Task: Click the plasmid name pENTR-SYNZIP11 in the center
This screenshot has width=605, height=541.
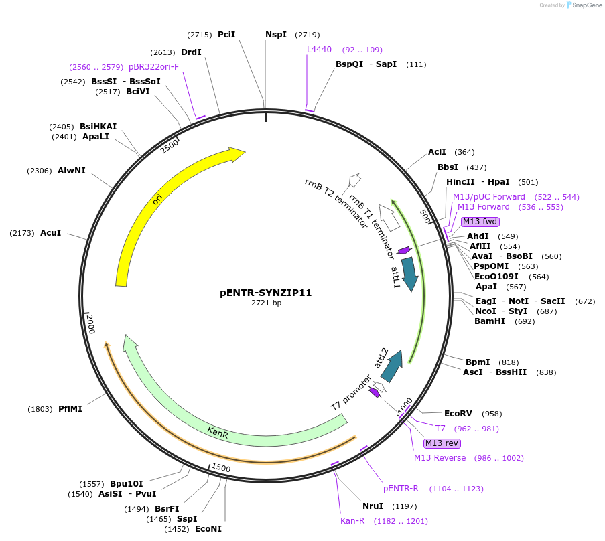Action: click(x=266, y=293)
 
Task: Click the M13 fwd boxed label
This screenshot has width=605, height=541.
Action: click(x=480, y=222)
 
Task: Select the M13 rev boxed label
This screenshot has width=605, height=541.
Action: click(x=442, y=443)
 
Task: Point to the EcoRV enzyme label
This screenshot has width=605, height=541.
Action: click(x=458, y=414)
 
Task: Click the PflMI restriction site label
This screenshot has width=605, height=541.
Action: click(x=70, y=408)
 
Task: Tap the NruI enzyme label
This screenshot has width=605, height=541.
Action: click(x=373, y=506)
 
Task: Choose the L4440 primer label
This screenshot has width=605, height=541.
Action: click(x=319, y=50)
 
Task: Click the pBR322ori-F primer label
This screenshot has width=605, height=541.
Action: click(x=154, y=67)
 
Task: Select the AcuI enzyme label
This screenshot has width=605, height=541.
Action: click(x=50, y=233)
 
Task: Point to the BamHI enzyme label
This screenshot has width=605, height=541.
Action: click(x=490, y=321)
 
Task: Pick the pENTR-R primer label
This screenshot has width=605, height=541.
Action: click(x=401, y=489)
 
